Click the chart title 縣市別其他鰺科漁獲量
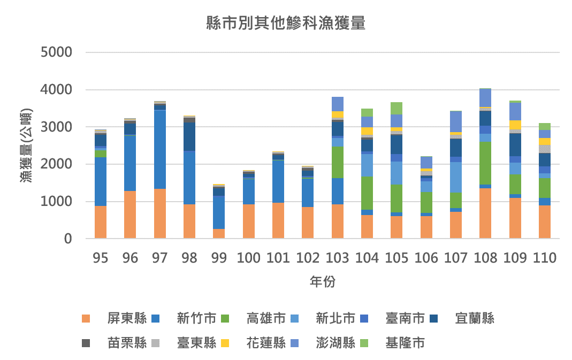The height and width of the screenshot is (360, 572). click(286, 24)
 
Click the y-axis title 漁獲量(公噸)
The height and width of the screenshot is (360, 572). click(26, 145)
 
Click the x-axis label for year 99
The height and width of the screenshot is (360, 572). click(219, 258)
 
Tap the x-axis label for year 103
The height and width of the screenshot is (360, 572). click(337, 258)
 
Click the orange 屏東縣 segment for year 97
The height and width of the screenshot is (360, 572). click(159, 213)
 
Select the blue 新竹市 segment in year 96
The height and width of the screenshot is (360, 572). click(130, 163)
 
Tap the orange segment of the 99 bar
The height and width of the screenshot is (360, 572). click(219, 234)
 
